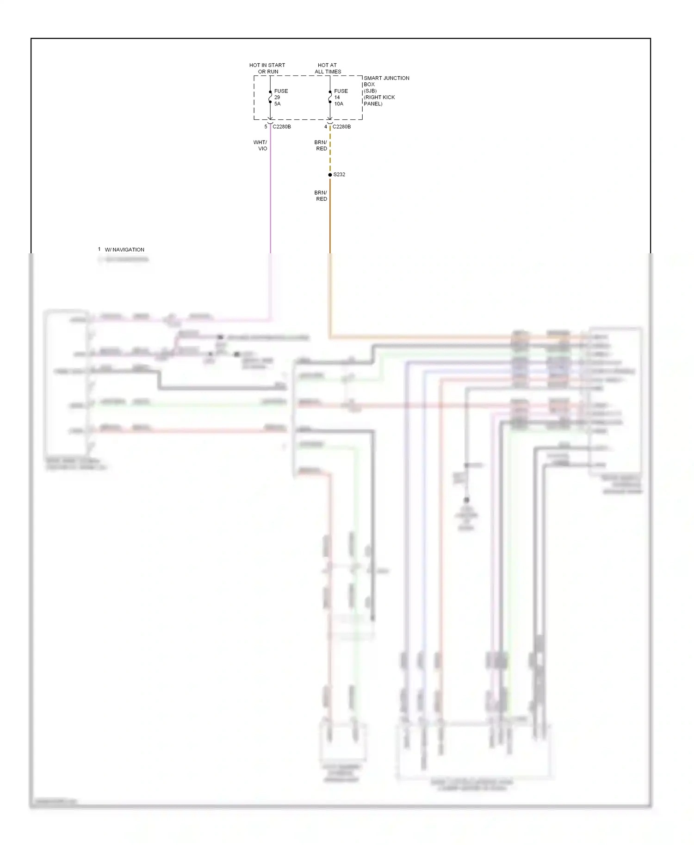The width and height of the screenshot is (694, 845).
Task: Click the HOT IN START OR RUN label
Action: [267, 68]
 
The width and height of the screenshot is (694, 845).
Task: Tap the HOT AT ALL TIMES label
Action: [328, 68]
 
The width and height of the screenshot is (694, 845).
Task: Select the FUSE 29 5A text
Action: [280, 98]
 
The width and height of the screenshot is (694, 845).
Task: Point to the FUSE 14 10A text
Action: [341, 98]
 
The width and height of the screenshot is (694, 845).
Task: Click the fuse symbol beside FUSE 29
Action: [270, 97]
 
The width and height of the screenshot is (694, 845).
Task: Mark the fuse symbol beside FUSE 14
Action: [330, 97]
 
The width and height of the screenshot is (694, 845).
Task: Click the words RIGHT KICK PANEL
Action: [379, 100]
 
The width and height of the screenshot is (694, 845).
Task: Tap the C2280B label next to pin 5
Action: [282, 127]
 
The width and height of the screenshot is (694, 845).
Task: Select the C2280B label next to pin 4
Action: [341, 127]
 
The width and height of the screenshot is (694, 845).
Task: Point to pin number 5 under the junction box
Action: [266, 127]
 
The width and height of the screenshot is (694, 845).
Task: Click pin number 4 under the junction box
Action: [326, 127]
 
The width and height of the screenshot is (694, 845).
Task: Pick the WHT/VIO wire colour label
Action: [260, 146]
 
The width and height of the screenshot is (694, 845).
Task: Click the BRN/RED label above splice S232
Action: [321, 146]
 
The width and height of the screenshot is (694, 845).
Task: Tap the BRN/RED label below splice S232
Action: [321, 196]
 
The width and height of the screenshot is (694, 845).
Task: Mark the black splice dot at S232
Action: [330, 175]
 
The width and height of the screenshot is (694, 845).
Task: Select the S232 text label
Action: [339, 175]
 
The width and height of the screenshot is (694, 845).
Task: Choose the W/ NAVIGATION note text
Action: [124, 250]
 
